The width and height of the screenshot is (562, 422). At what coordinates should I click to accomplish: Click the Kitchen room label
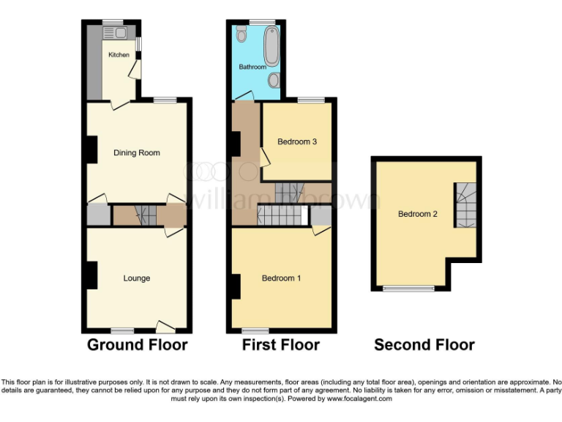tap(119, 55)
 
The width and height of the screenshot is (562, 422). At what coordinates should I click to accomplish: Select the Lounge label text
tap(137, 278)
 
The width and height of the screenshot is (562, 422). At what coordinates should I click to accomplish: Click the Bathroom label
tap(252, 67)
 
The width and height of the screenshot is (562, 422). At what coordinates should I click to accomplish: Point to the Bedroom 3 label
tap(296, 141)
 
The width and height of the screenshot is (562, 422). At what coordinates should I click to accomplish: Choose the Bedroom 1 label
tap(282, 278)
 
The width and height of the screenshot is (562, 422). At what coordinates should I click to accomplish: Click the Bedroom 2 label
tap(418, 214)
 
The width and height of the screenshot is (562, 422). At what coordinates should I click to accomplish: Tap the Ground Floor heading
tap(138, 344)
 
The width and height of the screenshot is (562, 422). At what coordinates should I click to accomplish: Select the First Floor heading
tap(281, 344)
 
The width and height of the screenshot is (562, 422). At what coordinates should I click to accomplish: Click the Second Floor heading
tap(424, 344)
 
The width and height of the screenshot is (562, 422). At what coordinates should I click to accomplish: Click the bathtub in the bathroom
tap(271, 43)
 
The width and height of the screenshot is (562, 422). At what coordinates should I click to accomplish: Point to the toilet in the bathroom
tap(242, 34)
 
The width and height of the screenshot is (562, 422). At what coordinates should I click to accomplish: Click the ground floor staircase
tap(145, 216)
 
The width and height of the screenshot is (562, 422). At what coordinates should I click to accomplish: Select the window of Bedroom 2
tap(409, 288)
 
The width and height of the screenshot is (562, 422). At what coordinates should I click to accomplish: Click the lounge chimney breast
tap(91, 275)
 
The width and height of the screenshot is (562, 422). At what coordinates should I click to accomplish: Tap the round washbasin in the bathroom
tap(273, 78)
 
